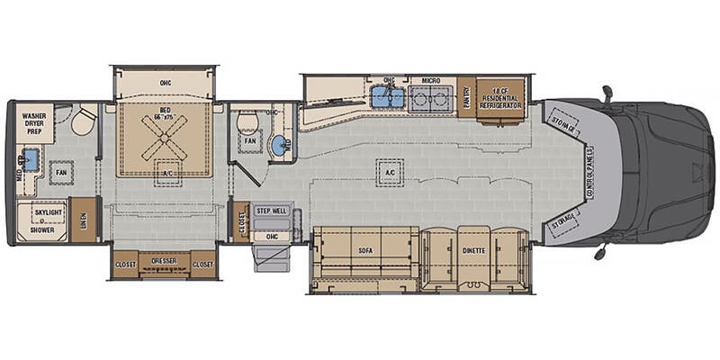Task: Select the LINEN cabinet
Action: pos(83,220)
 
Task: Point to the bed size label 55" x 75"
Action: pos(164,118)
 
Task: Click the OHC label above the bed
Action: pos(165,83)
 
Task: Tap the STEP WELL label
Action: pos(272,211)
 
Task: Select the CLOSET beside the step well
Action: pos(240,221)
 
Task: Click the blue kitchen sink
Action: pos(389,97)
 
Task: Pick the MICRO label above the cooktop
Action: pos(430,81)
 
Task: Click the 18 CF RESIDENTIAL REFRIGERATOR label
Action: pos(500,93)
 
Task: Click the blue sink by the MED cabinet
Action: pos(30,161)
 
